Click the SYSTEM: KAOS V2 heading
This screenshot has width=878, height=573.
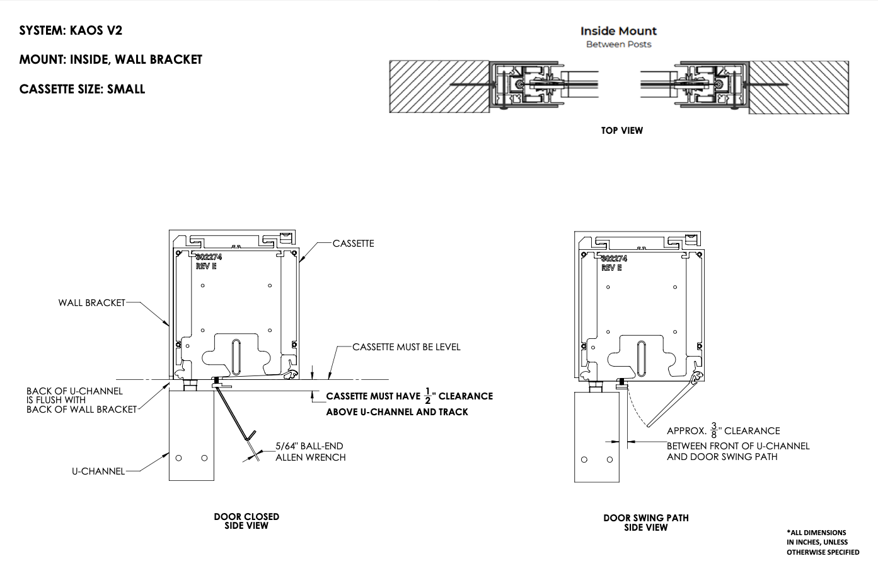click(x=71, y=30)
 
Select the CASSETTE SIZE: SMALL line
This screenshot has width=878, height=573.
click(x=82, y=89)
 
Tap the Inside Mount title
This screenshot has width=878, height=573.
click(x=618, y=31)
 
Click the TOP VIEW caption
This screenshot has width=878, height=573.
click(x=621, y=131)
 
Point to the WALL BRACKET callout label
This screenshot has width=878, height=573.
click(x=92, y=303)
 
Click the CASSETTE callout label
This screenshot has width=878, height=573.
click(x=353, y=244)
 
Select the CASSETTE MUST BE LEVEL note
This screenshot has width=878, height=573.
click(x=406, y=347)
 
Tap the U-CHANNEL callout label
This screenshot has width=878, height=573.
click(x=98, y=471)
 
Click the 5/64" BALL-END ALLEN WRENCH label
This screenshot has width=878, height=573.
click(x=310, y=452)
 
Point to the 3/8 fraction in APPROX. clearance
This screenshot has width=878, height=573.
click(x=714, y=431)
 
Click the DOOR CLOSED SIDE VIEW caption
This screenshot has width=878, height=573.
click(x=246, y=521)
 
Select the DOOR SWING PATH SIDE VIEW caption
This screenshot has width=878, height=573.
click(x=645, y=523)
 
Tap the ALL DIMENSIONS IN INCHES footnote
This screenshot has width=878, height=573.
click(x=822, y=542)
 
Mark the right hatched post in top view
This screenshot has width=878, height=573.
click(x=799, y=87)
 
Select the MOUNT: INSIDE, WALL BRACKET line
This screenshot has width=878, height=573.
click(x=111, y=60)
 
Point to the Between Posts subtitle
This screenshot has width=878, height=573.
click(x=618, y=45)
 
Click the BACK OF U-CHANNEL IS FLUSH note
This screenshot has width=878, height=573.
click(x=81, y=401)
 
